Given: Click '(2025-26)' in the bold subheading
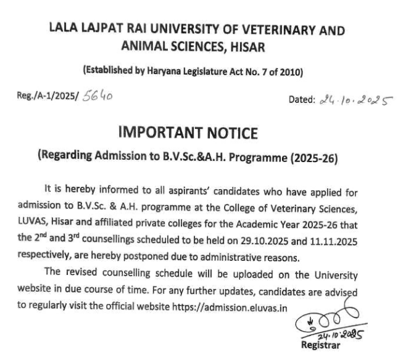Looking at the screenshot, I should point(310,157).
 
